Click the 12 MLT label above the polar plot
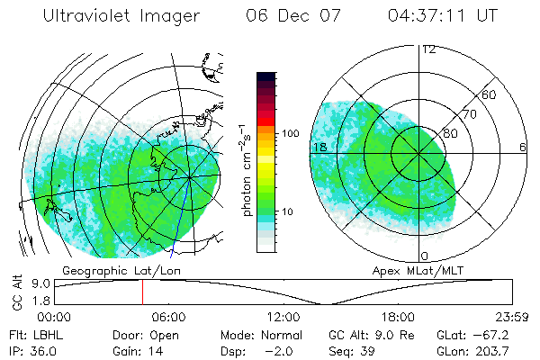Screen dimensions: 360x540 pyautogui.click(x=428, y=49)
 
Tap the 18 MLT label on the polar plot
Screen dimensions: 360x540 pyautogui.click(x=319, y=147)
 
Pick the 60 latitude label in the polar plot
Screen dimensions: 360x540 pyautogui.click(x=490, y=94)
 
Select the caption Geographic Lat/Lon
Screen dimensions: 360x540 pyautogui.click(x=107, y=269)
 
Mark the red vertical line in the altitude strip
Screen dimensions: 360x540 pyautogui.click(x=142, y=292)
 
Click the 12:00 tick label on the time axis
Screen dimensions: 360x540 pyautogui.click(x=283, y=318)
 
